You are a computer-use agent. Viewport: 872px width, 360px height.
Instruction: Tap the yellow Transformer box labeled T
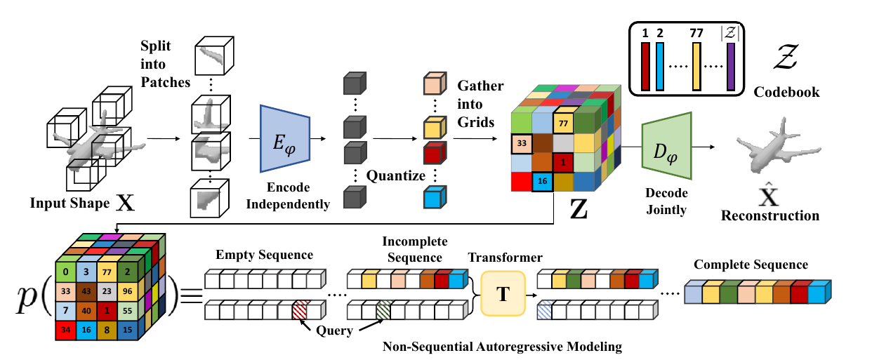[x=503, y=294]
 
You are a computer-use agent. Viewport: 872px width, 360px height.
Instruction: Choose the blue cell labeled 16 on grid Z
[x=543, y=181]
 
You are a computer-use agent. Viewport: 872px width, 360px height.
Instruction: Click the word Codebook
[x=786, y=92]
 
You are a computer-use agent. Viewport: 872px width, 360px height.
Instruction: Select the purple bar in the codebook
[x=731, y=67]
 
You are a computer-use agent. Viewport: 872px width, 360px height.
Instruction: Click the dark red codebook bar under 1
[x=645, y=67]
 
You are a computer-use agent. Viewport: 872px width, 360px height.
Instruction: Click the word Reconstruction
[x=770, y=215]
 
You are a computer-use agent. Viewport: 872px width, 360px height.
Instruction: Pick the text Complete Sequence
[x=751, y=265]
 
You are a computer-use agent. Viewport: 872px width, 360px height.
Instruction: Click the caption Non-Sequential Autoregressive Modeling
[x=503, y=347]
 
